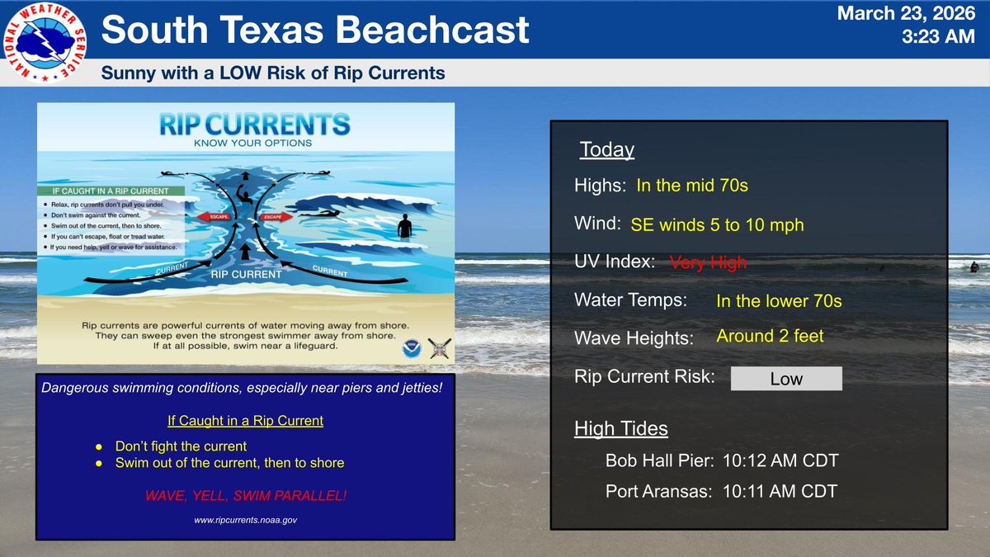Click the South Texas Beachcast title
tap(314, 31)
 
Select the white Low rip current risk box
tap(786, 379)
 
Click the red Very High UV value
tap(708, 262)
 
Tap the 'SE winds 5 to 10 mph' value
tap(717, 224)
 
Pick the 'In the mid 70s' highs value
tap(692, 186)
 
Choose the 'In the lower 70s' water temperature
tap(779, 301)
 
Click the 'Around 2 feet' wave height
tap(770, 336)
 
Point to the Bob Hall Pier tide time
tap(780, 460)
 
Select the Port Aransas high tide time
tap(780, 492)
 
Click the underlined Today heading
tap(606, 150)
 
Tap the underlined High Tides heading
tap(620, 429)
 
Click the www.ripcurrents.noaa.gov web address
tap(246, 521)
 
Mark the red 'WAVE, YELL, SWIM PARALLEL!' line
tap(246, 497)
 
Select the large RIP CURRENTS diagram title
tap(254, 126)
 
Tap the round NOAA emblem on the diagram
tap(410, 349)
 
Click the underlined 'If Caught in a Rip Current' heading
tap(245, 421)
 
